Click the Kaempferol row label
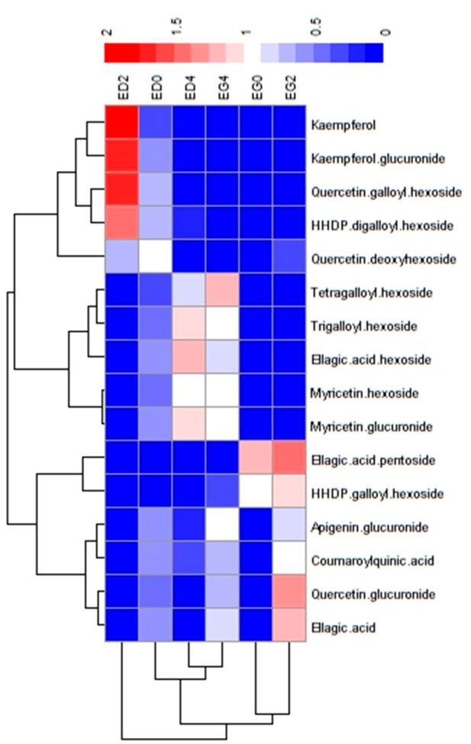341,124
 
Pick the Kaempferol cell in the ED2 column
121,124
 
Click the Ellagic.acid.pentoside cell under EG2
290,461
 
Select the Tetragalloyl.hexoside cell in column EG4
223,293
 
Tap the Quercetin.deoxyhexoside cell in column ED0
156,259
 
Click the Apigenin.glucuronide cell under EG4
223,528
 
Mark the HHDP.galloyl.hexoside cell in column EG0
256,494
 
